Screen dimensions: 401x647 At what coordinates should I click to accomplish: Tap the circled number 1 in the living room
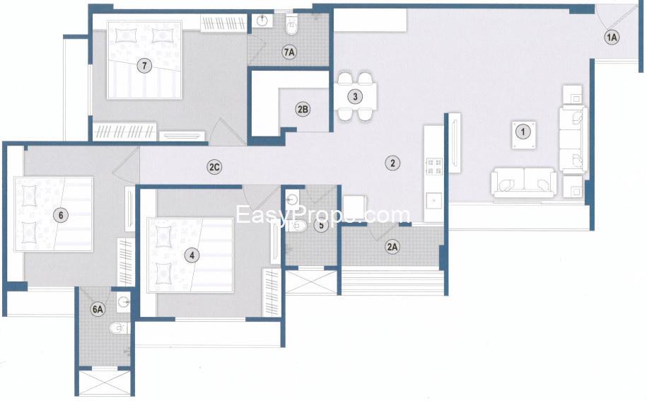tap(522, 131)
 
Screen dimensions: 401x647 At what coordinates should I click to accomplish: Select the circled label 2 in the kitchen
tap(391, 163)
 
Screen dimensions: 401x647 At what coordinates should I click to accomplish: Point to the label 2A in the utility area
tap(392, 247)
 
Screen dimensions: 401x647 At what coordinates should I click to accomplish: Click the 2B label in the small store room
tap(302, 110)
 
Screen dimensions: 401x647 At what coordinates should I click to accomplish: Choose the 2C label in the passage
tap(215, 168)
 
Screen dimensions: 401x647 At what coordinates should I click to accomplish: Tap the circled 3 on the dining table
tap(356, 96)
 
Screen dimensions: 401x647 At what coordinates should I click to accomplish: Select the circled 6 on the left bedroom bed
tap(62, 214)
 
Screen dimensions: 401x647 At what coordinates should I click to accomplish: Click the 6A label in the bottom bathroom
tap(98, 308)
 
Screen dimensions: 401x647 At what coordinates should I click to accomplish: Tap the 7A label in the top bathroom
tap(288, 52)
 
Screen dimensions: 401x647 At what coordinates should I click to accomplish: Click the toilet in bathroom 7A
tap(291, 28)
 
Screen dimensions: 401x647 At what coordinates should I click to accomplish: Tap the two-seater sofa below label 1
tap(524, 182)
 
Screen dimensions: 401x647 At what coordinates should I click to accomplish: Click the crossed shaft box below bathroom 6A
tap(105, 383)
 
